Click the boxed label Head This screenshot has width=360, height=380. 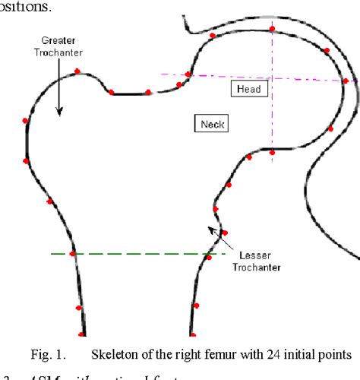[248, 89]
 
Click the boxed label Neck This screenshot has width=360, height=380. [211, 123]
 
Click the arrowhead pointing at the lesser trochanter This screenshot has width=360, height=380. [212, 226]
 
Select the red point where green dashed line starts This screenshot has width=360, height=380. [73, 254]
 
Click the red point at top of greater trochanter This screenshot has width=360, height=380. [77, 72]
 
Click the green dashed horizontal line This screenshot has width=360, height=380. [137, 254]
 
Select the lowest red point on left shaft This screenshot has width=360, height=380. [81, 334]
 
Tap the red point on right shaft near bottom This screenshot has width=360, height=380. [194, 306]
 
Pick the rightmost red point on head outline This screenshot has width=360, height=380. [346, 81]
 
